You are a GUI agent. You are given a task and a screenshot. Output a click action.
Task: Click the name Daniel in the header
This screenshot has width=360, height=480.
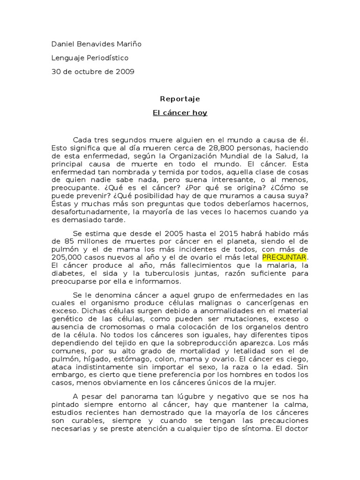click(63, 44)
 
